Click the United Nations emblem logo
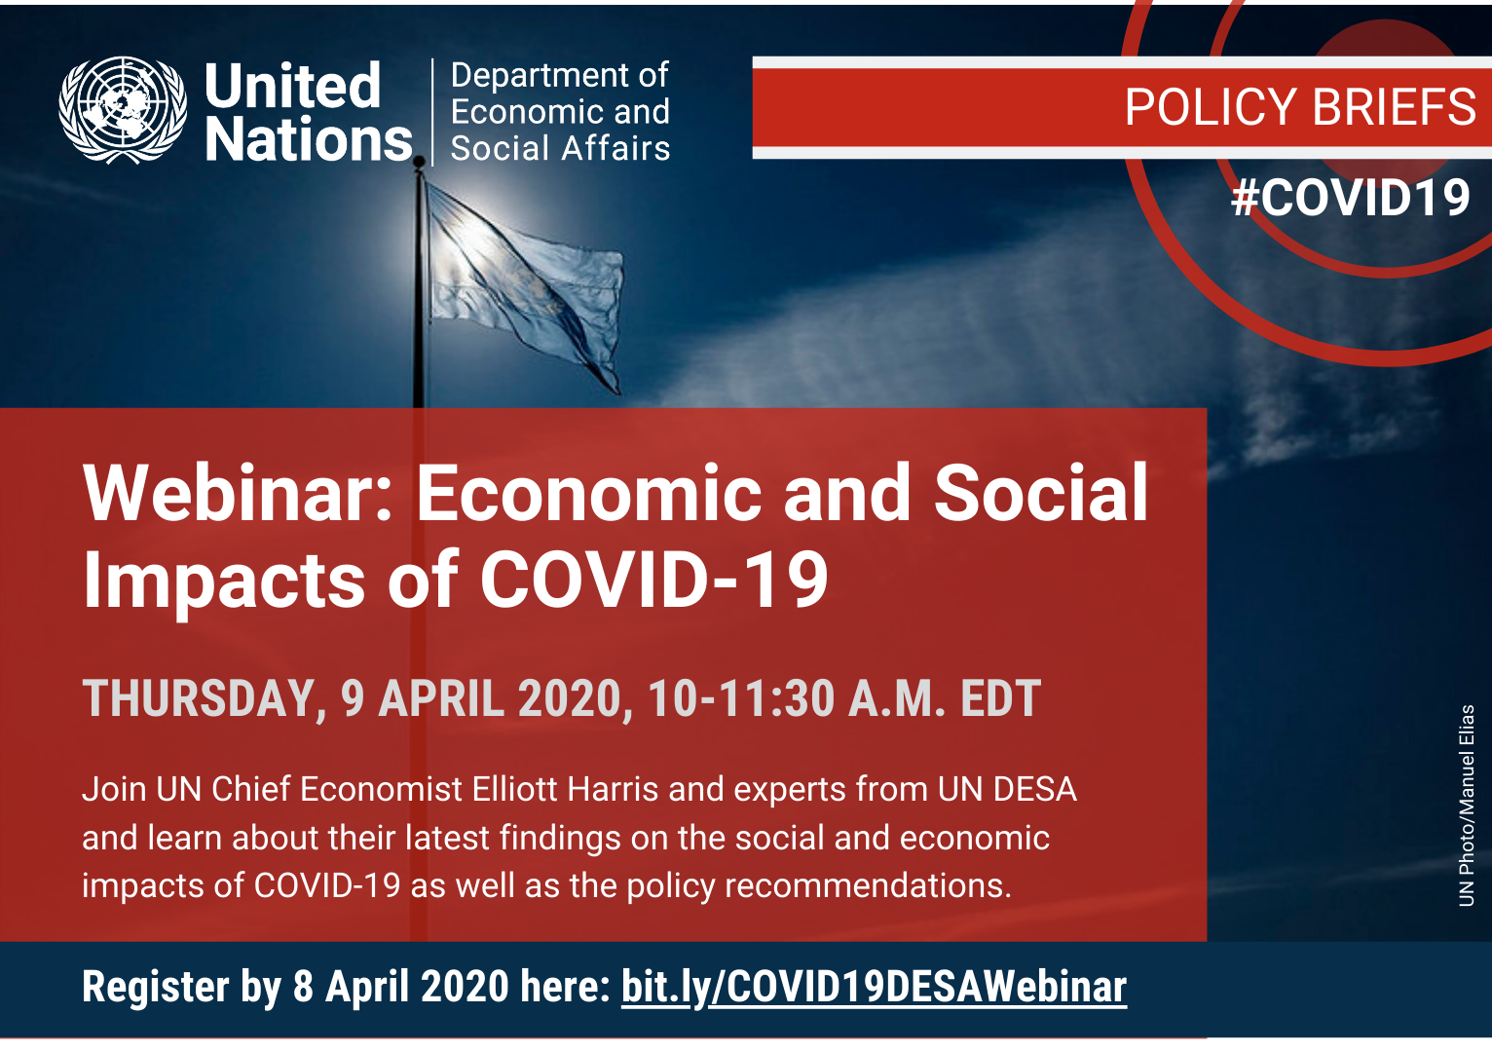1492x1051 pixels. tap(123, 110)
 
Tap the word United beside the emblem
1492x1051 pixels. tap(292, 86)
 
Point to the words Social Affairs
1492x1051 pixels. tap(560, 148)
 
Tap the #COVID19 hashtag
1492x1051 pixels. tap(1350, 198)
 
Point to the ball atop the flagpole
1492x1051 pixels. tap(419, 161)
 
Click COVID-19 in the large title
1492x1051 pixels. tap(654, 580)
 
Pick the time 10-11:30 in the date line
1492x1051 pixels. tap(741, 698)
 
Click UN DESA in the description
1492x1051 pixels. tap(1007, 789)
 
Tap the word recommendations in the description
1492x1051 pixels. tap(868, 885)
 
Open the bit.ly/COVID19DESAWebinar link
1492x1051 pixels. tap(874, 988)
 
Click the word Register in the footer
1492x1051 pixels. tap(156, 988)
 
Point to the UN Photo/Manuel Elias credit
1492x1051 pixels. tap(1466, 806)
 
